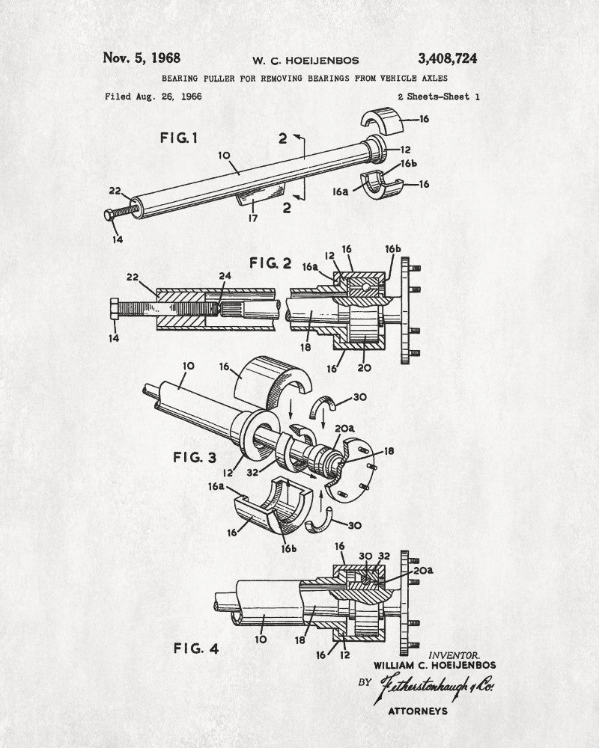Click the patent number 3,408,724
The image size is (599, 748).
pos(447,58)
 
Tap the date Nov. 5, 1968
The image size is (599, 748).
pos(142,58)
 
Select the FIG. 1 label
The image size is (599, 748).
pos(179,138)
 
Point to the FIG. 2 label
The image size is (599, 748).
pos(270,263)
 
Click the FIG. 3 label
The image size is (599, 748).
pos(195,458)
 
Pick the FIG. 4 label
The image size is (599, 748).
pos(196,649)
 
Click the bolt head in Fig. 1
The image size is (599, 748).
pos(109,215)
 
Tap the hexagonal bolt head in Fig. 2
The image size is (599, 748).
pos(114,309)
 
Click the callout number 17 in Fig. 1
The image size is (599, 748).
pos(252,218)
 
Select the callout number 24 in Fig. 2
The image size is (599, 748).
pos(225,276)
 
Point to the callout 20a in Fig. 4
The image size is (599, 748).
pos(423,570)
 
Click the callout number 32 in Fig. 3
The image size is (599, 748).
pos(252,472)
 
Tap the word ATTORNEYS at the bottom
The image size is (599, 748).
pos(418,711)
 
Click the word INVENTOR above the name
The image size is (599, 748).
pos(454,655)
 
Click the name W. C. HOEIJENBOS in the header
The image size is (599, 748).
pos(305,61)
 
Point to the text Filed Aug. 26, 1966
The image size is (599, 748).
pos(153,96)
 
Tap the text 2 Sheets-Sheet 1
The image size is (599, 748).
pos(439,96)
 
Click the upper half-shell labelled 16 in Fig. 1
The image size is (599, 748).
pos(382,119)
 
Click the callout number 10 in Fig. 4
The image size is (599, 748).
pos(261,639)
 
